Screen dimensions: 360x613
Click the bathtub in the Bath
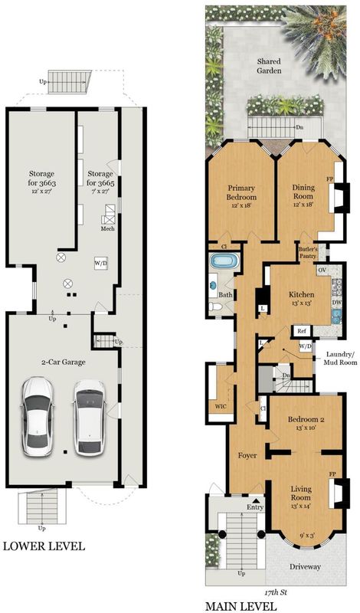pos(224,261)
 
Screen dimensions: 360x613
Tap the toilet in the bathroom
pos(214,306)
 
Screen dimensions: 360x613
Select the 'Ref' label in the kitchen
pos(301,331)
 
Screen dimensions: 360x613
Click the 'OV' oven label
pos(322,270)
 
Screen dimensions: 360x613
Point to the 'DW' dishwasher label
pos(337,302)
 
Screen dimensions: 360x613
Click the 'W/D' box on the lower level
pos(100,264)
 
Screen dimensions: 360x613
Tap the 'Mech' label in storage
pos(107,228)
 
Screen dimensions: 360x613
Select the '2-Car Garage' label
pos(63,362)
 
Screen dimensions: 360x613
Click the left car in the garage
pos(37,417)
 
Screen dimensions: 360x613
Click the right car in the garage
pos(90,418)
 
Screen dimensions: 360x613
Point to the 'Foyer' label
pos(247,455)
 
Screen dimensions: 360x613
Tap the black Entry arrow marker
pos(256,500)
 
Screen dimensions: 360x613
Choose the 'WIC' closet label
pos(221,407)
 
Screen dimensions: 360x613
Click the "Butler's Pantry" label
pos(308,253)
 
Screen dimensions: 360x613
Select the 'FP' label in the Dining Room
pos(330,179)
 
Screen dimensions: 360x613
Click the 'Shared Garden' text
pos(269,66)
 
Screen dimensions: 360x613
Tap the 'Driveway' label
pos(305,566)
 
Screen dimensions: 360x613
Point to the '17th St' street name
pos(276,592)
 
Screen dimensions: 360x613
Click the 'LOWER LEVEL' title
pos(44,546)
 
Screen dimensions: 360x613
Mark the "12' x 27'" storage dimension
pos(41,192)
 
